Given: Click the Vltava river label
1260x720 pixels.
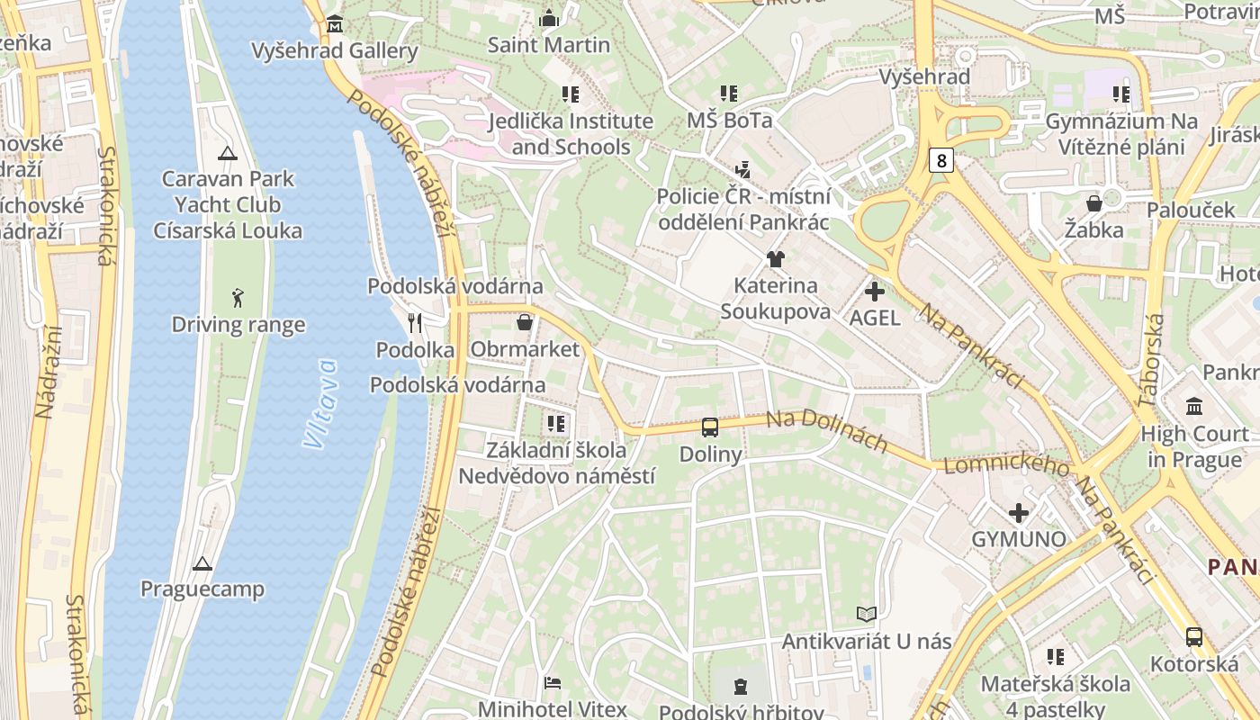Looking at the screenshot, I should [x=320, y=404].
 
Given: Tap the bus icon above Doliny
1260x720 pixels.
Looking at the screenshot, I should [x=710, y=427].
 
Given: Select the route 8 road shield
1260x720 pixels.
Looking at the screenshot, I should [x=941, y=161].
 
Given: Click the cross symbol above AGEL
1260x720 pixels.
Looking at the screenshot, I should [x=874, y=292].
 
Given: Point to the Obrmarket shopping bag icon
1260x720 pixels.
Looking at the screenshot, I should [x=525, y=322].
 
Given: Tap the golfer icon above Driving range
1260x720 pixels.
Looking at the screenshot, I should [x=238, y=297].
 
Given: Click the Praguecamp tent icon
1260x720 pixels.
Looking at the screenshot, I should [x=202, y=563].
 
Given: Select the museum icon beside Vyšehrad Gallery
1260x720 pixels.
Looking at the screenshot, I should [x=335, y=23].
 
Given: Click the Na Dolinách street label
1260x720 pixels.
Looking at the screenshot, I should [x=826, y=432].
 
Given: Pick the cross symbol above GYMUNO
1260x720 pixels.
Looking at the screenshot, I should [x=1019, y=513].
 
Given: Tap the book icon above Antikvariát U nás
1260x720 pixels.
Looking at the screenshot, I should [x=867, y=614].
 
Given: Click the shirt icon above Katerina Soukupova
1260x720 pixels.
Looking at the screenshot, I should [x=775, y=259].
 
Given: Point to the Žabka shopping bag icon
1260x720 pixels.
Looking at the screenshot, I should [x=1094, y=203].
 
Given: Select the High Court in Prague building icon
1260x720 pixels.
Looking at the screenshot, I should [x=1194, y=407].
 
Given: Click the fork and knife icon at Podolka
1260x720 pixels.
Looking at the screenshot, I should [x=415, y=322].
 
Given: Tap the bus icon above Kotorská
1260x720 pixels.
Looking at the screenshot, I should [x=1194, y=637].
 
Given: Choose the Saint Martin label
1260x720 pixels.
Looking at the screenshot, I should [x=548, y=44].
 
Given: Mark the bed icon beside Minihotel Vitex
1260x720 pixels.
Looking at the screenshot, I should [x=553, y=682].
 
